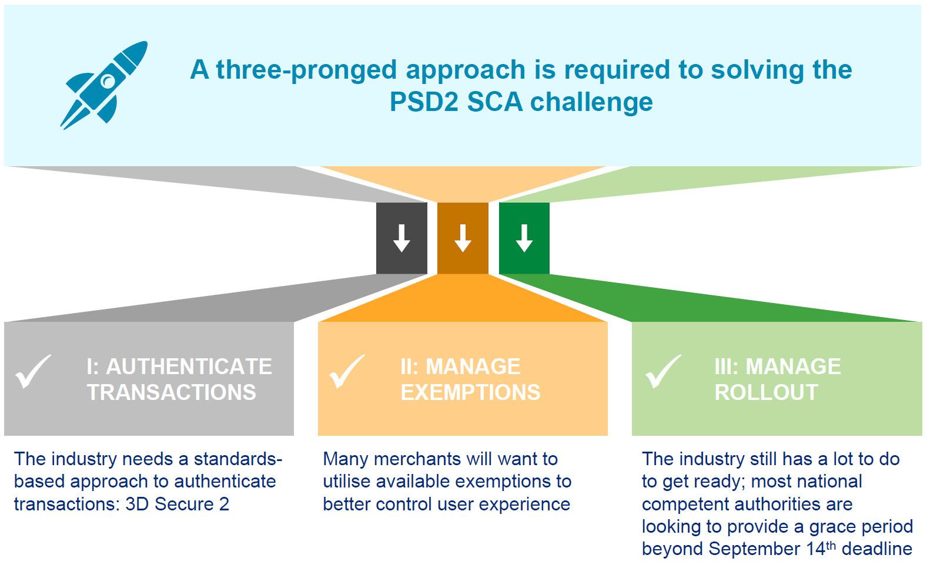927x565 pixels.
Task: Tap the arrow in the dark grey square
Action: [401, 238]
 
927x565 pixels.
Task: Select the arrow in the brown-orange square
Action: [463, 238]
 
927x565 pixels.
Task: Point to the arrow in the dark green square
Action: [524, 238]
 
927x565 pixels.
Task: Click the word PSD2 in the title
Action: [424, 102]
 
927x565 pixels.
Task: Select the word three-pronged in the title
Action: [306, 69]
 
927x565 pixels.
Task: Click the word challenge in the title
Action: [592, 102]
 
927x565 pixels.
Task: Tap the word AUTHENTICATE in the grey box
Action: [189, 366]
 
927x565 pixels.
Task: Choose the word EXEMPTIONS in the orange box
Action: [470, 392]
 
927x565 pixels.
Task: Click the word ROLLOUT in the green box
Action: [766, 392]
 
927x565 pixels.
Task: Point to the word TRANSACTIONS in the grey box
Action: [172, 392]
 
